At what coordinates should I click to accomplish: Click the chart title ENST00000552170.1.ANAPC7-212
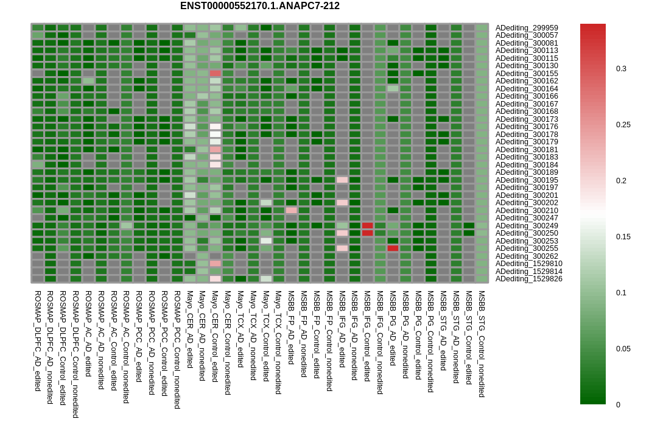click(260, 6)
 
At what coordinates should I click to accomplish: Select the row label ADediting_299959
click(527, 28)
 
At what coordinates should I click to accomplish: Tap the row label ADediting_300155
click(527, 74)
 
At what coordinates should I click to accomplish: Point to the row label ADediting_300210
click(527, 210)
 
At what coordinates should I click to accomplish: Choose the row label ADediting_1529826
click(528, 279)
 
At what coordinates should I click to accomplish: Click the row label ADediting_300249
click(527, 226)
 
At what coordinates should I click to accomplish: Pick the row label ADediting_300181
click(527, 149)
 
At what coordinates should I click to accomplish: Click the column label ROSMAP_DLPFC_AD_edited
click(38, 341)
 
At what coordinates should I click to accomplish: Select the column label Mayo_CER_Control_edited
click(215, 336)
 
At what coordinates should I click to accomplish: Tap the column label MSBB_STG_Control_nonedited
click(482, 344)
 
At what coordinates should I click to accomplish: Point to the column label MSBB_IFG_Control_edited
click(367, 336)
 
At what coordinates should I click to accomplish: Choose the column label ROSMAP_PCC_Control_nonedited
click(177, 350)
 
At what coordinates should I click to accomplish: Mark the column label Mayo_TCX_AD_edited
click(240, 329)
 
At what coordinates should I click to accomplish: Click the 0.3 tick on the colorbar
click(621, 69)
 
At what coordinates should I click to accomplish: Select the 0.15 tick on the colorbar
click(623, 237)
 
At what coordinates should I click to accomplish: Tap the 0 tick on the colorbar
click(619, 404)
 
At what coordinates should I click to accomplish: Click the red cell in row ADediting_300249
click(367, 226)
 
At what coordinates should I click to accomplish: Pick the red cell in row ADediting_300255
click(393, 248)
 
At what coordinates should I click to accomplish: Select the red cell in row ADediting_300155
click(215, 74)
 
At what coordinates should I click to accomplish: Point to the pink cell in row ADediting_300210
click(291, 210)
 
